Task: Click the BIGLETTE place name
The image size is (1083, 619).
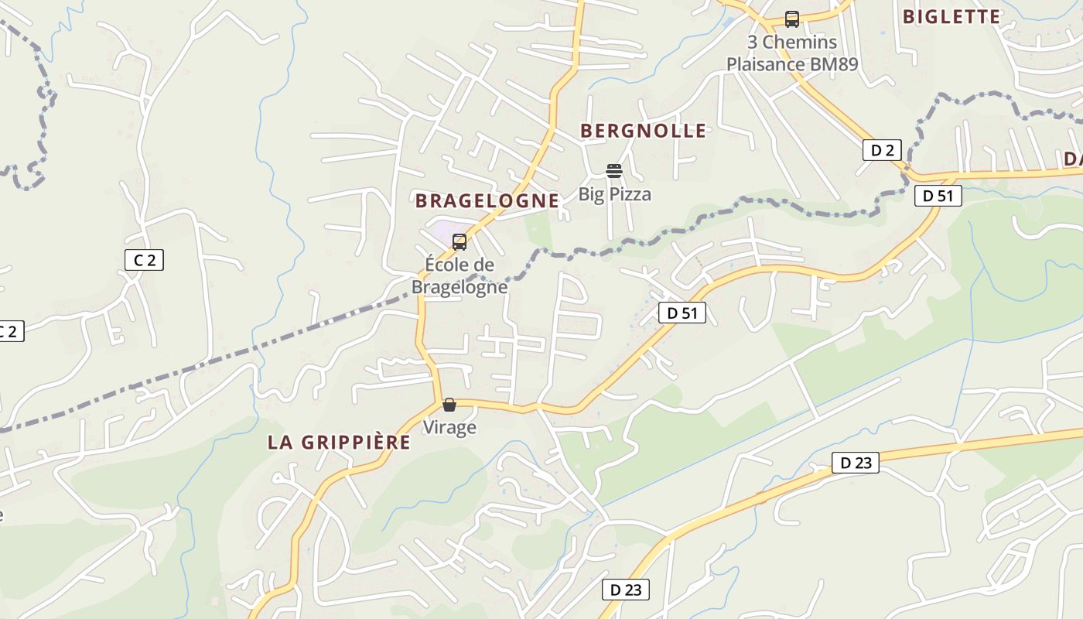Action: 951,16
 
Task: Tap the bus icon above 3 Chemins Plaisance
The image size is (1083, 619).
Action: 791,19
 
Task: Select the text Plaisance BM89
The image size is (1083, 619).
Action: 792,64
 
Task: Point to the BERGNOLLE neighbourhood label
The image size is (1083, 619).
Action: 644,131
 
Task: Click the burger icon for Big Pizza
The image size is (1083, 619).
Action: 614,170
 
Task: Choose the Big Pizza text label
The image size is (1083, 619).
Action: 615,194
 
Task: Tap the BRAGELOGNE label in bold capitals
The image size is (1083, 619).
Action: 487,201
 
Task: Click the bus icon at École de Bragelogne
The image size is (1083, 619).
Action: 460,242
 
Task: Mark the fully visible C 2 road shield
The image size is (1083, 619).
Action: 145,260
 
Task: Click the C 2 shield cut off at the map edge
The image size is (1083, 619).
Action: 9,332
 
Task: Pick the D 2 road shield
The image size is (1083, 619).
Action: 882,150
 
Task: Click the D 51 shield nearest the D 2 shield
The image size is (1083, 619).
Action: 938,196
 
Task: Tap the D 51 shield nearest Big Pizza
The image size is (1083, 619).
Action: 682,313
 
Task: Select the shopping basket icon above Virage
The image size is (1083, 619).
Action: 449,405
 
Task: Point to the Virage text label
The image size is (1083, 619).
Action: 449,427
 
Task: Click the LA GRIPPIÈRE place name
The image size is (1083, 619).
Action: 339,443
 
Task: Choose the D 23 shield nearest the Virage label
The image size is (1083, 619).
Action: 626,590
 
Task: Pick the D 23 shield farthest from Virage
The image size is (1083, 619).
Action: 856,463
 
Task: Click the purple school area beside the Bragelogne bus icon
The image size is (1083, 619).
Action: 441,231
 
